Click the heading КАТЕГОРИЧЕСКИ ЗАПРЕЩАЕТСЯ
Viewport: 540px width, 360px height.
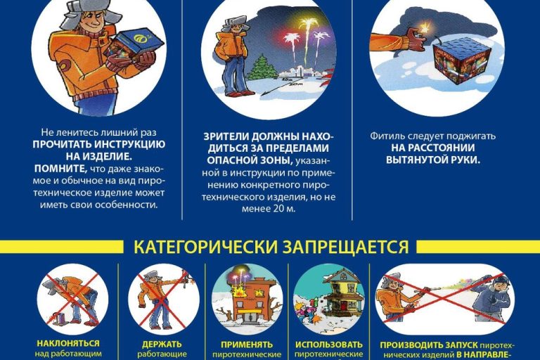click(x=271, y=247)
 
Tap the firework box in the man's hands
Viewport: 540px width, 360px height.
click(x=134, y=47)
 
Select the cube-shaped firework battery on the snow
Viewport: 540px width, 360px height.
click(x=459, y=60)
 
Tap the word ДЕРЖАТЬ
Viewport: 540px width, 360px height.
click(x=162, y=345)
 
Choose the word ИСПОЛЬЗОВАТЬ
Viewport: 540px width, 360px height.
click(x=329, y=345)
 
